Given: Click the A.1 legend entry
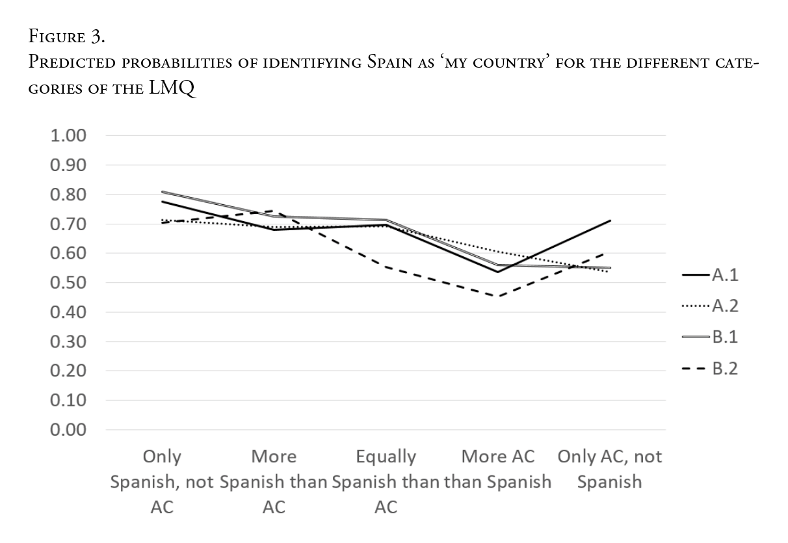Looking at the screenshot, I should pos(710,274).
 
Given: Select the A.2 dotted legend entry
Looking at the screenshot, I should pos(710,306).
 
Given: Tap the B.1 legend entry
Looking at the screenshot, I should pos(710,337).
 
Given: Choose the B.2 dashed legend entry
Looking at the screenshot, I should pos(710,369).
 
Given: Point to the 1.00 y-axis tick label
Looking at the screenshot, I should pos(68,136).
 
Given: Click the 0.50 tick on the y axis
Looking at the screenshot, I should pos(68,283).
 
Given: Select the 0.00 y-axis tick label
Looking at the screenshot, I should pos(68,430).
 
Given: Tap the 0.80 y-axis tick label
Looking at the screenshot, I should pos(68,195).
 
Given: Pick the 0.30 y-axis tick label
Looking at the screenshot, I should pos(68,341).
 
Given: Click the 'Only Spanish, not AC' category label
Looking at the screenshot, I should pos(162,482).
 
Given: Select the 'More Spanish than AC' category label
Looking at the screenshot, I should pos(274,482).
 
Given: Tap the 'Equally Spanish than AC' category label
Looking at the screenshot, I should pos(386,482).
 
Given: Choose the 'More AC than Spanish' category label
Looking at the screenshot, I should pos(498,470).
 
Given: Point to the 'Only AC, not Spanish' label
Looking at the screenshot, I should pos(610,470).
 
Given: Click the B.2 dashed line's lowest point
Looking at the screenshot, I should pos(498,297).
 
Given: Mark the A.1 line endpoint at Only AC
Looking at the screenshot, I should pos(610,221).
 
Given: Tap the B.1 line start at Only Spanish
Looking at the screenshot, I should pos(162,192).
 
